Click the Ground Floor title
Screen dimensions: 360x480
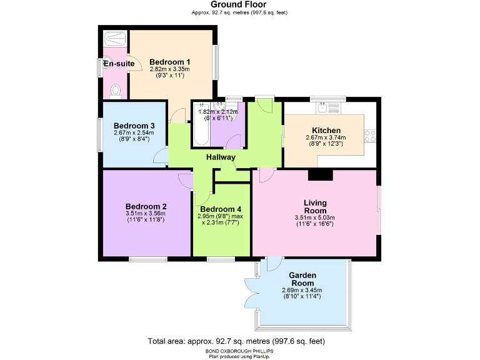[240, 4]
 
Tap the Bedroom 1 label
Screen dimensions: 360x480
[170, 61]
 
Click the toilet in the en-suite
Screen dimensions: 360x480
[114, 92]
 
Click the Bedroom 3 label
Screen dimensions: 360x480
[134, 125]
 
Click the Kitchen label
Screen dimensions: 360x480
[322, 131]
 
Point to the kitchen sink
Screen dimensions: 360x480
[323, 107]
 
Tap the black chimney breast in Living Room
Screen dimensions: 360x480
[321, 174]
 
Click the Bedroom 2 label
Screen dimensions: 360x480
[146, 207]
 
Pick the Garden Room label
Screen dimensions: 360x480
[302, 279]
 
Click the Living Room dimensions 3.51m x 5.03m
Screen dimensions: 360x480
[315, 217]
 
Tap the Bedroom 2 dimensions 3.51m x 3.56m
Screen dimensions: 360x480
[146, 214]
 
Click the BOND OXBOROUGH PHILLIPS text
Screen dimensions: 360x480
[240, 351]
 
